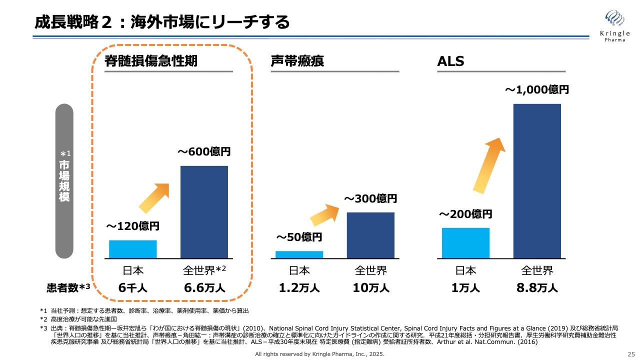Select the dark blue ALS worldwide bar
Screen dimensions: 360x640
click(x=537, y=181)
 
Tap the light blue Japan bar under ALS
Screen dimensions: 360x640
click(x=465, y=243)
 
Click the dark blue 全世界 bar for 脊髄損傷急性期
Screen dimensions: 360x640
click(x=204, y=212)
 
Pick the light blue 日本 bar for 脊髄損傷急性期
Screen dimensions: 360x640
click(x=133, y=249)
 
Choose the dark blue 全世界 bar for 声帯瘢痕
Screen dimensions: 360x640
click(x=370, y=235)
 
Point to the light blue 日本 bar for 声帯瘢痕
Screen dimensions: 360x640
click(x=299, y=254)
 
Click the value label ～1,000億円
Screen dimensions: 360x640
click(x=536, y=90)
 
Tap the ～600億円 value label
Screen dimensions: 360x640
click(x=204, y=151)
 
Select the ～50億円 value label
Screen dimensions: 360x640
click(x=299, y=237)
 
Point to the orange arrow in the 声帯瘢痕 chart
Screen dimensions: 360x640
click(x=327, y=214)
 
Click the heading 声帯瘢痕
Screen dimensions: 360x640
click(x=297, y=61)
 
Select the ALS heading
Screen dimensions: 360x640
click(x=450, y=61)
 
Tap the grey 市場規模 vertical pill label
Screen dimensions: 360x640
click(x=64, y=181)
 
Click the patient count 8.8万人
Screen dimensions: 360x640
click(x=537, y=288)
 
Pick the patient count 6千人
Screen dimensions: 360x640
click(x=133, y=288)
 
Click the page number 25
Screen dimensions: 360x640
click(x=630, y=354)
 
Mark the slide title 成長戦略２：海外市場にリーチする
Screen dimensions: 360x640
click(x=162, y=22)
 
